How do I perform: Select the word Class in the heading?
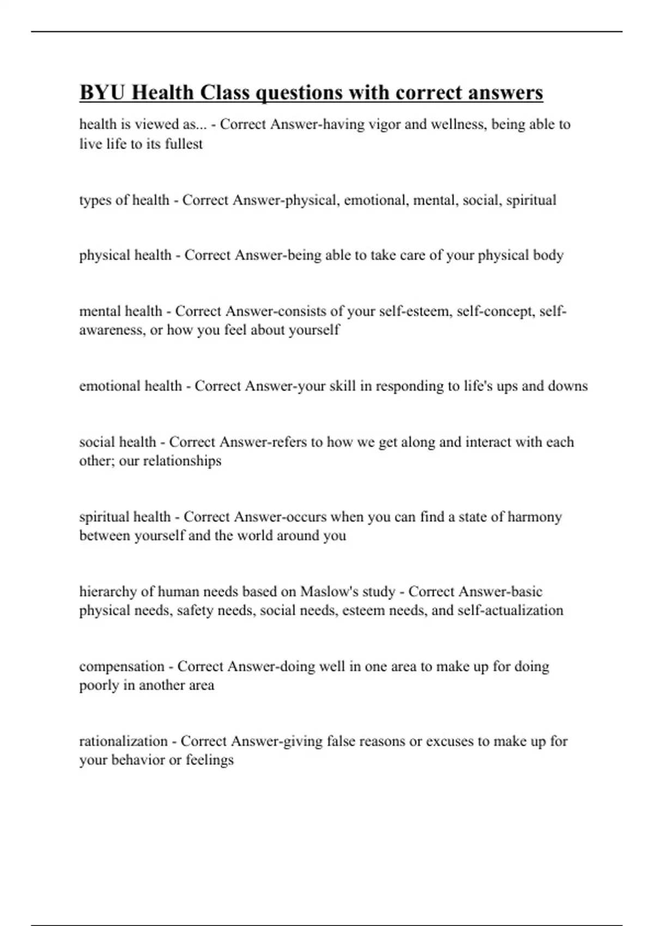[x=224, y=93]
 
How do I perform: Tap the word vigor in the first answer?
[x=385, y=125]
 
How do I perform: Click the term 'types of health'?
[x=124, y=200]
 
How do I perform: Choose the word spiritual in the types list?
[x=531, y=200]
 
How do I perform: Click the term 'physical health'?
[x=125, y=255]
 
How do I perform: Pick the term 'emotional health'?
[x=130, y=386]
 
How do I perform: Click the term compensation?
[x=122, y=667]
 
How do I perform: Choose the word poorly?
[x=99, y=685]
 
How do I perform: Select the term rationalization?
[x=123, y=741]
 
